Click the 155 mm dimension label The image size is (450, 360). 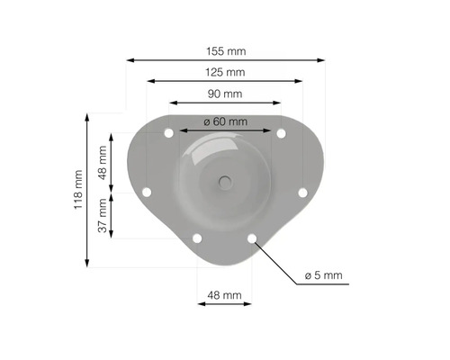click(226, 51)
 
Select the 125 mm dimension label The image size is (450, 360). click(225, 72)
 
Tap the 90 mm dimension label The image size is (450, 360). click(225, 94)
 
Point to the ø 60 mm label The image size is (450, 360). click(226, 121)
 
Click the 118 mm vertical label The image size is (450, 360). click(78, 190)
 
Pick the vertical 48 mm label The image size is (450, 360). click(103, 163)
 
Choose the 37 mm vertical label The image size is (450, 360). click(103, 215)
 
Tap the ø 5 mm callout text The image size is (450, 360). click(323, 275)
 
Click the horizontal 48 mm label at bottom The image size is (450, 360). click(224, 295)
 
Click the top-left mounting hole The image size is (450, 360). click(169, 133)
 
